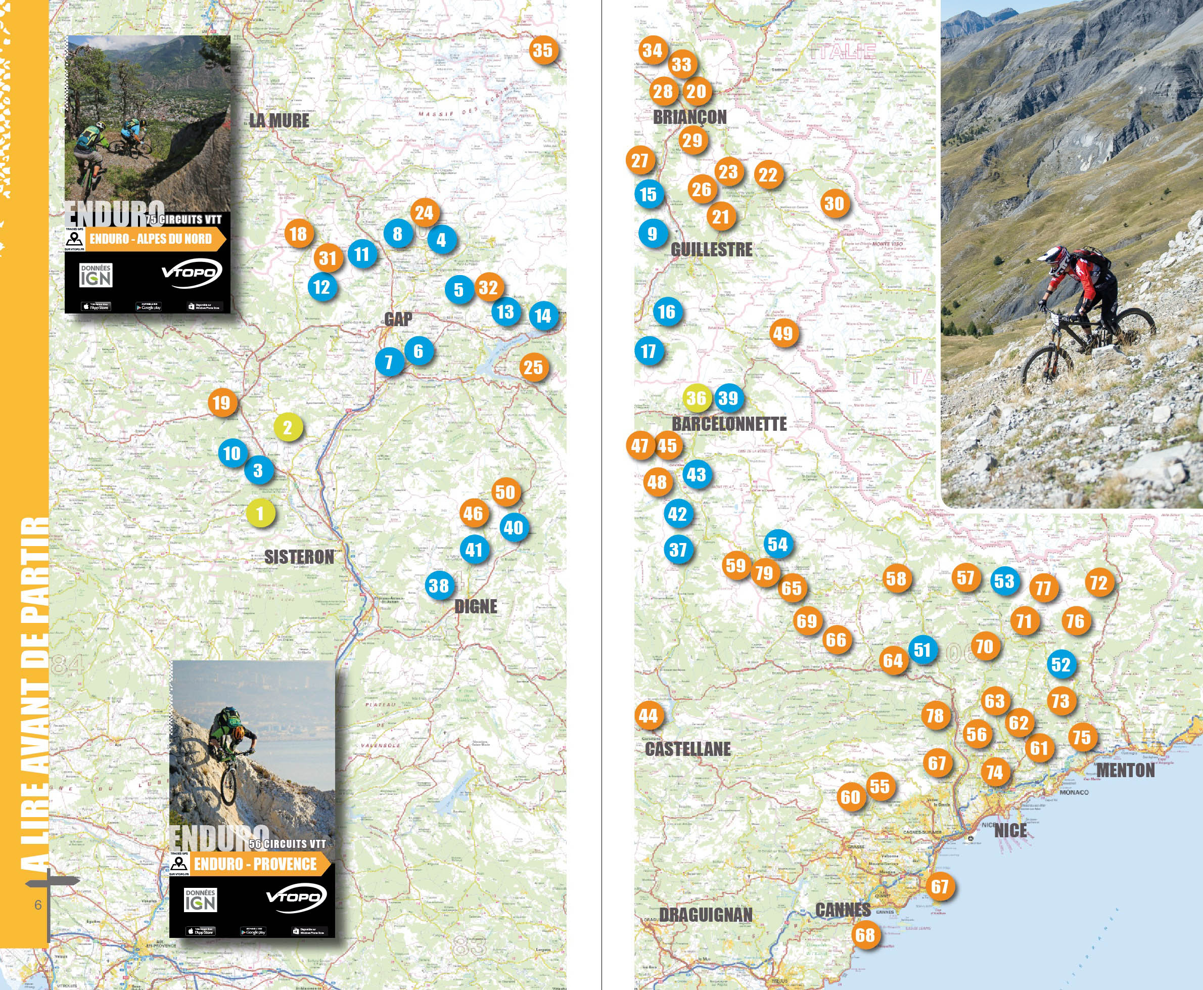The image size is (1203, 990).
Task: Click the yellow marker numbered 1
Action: [260, 513]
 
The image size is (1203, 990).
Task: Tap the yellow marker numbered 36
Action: [697, 398]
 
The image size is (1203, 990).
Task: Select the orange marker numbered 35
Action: [543, 50]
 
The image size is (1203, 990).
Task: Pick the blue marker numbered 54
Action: [778, 545]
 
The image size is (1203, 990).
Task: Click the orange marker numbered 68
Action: [865, 935]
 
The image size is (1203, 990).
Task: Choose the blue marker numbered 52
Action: [1061, 664]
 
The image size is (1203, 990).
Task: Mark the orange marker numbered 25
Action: [534, 367]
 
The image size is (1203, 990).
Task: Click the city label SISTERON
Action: [299, 557]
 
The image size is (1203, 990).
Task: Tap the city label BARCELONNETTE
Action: [729, 424]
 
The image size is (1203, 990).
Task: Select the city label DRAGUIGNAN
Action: [706, 915]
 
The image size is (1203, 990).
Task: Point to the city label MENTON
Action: [1126, 771]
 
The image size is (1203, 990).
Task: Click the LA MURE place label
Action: [280, 120]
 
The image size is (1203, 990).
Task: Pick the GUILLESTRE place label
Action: [712, 249]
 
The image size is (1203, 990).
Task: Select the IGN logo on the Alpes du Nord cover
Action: [96, 276]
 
